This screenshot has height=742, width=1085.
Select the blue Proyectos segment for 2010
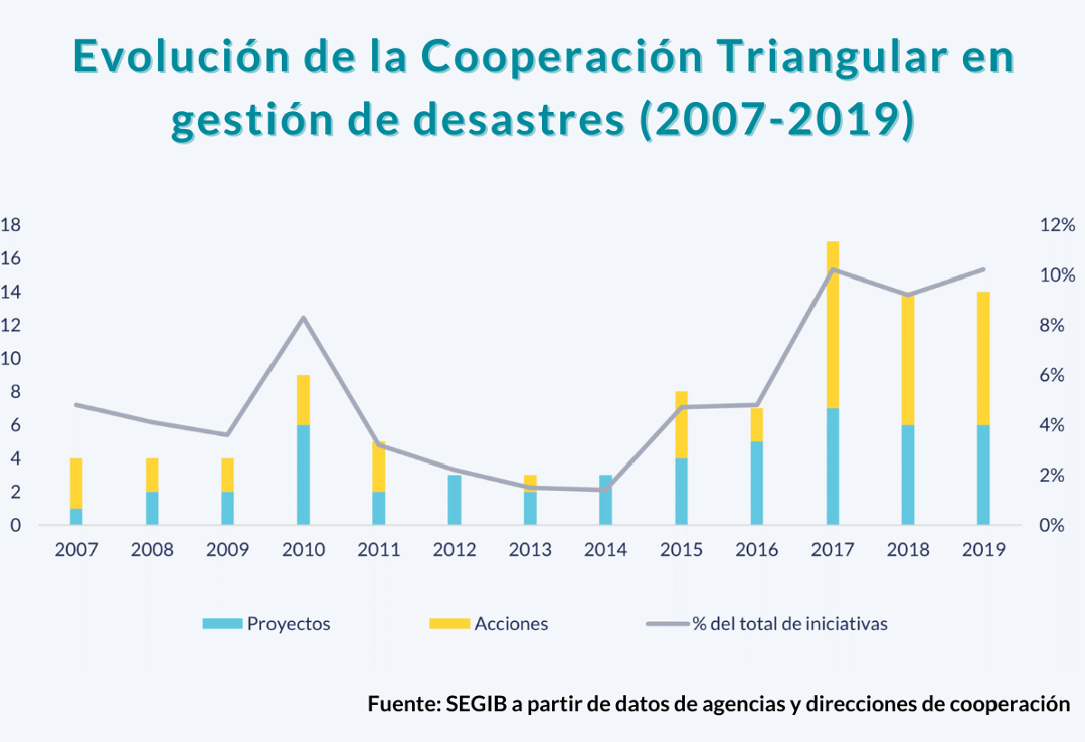[304, 474]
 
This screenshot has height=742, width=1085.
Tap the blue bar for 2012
[454, 499]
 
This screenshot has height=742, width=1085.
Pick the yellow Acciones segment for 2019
[983, 358]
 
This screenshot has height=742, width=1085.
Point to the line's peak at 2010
[304, 318]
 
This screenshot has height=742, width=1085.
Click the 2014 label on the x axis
[605, 550]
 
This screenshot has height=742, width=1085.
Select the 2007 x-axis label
[76, 550]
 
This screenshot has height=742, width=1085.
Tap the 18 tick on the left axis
[11, 225]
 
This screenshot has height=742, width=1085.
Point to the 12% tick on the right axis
[1055, 225]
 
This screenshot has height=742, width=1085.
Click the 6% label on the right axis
[1055, 376]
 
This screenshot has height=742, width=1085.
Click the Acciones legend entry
[488, 624]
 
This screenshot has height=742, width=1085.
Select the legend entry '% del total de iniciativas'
[767, 624]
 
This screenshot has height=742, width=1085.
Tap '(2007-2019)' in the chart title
[776, 121]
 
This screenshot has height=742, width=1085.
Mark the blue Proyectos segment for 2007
[76, 516]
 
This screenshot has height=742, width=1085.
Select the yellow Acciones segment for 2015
[681, 424]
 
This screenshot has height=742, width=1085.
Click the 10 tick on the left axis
[11, 358]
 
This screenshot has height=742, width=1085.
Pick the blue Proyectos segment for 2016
[757, 483]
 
